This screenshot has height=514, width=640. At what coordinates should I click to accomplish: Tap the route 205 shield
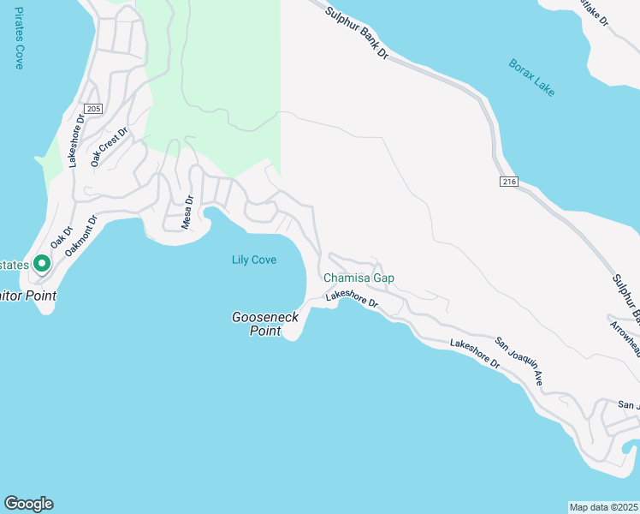tap(93, 109)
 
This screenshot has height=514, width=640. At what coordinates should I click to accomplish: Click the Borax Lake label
tap(531, 77)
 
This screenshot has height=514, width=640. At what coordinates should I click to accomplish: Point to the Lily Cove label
tap(254, 260)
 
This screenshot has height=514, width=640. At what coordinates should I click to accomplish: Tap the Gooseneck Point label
tap(265, 324)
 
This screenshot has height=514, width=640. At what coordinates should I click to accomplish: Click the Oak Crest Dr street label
tap(110, 146)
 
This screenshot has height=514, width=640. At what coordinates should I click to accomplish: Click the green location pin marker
tap(39, 264)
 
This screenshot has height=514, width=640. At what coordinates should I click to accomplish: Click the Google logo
tap(28, 504)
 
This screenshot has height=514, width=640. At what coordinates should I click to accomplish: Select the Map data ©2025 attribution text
tap(603, 507)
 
